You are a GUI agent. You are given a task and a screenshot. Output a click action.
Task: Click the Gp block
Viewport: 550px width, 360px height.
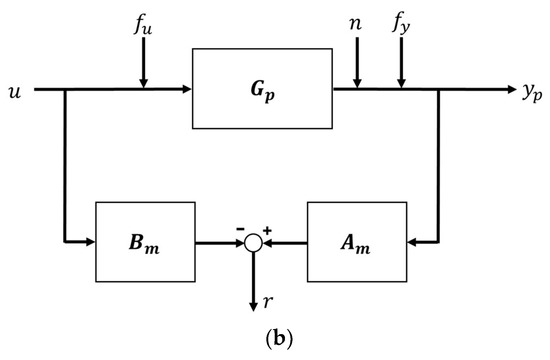pyautogui.click(x=262, y=91)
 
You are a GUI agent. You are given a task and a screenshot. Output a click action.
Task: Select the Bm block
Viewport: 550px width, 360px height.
pyautogui.click(x=145, y=241)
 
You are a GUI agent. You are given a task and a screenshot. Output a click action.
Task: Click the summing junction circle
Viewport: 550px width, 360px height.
pyautogui.click(x=255, y=242)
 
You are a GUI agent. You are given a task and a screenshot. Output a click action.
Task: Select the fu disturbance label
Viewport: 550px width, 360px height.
pyautogui.click(x=144, y=27)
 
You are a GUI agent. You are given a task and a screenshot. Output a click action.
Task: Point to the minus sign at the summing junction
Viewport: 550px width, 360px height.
pyautogui.click(x=240, y=230)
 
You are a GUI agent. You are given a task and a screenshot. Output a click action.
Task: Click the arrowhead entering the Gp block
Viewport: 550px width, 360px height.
pyautogui.click(x=187, y=90)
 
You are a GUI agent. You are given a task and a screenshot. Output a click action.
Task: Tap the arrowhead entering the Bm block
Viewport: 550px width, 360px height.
pyautogui.click(x=89, y=241)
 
